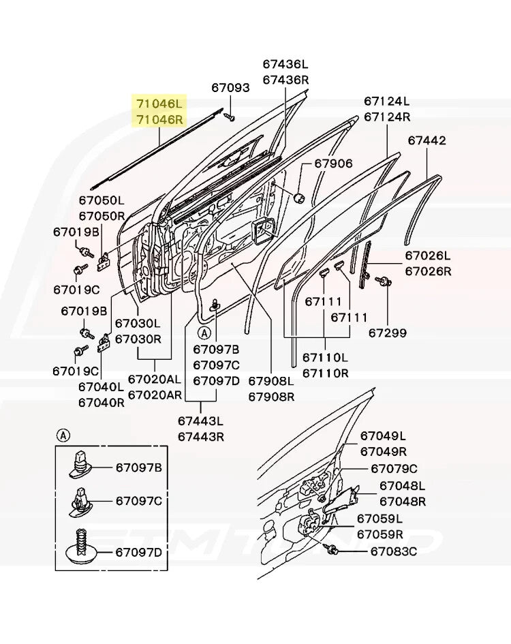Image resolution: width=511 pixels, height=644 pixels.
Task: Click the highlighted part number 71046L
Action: (x=159, y=104)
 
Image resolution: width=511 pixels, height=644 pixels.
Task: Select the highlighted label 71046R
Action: (x=159, y=119)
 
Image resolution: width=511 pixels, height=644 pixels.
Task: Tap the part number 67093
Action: (x=230, y=88)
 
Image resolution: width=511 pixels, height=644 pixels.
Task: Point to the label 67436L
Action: (x=285, y=64)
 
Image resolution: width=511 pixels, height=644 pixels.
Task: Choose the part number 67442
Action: (x=427, y=140)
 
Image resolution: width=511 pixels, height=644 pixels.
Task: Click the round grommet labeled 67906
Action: (x=298, y=198)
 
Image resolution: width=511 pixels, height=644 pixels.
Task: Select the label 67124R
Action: (x=387, y=117)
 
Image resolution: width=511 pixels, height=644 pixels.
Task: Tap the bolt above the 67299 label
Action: (x=384, y=280)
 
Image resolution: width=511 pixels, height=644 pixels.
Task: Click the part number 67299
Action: (x=388, y=333)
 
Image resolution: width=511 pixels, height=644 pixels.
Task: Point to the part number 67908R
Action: (x=270, y=397)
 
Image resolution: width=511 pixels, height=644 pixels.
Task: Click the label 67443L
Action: (x=200, y=421)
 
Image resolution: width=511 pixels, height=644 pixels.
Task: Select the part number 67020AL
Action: (x=155, y=379)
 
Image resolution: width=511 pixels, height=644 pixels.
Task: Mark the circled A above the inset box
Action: (x=62, y=434)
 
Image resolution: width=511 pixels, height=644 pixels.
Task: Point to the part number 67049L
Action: (x=383, y=436)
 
